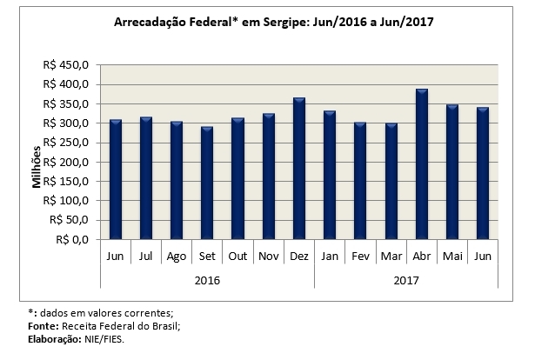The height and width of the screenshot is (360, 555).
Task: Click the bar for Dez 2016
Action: pos(298,169)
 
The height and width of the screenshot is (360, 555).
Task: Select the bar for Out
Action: pos(237,178)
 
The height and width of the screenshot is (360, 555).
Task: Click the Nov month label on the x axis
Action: pos(268,257)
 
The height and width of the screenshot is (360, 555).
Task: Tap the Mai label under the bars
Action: pos(451,257)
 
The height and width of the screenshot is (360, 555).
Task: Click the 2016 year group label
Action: pos(207,280)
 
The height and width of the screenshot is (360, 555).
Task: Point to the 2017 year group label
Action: pos(405,280)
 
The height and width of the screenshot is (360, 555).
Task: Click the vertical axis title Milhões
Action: pos(37,167)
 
